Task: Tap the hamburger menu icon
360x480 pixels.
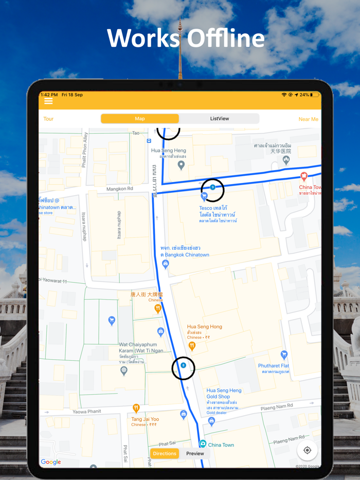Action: [x=48, y=102]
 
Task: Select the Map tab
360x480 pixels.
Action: [x=140, y=119]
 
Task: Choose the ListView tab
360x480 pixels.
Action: [x=220, y=119]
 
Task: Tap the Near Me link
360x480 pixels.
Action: [x=308, y=119]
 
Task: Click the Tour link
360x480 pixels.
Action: [x=48, y=119]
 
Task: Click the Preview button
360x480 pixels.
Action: [x=195, y=453]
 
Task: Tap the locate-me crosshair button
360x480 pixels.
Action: [x=307, y=450]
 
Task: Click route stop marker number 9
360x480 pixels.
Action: [x=212, y=188]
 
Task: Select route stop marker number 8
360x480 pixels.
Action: [x=183, y=365]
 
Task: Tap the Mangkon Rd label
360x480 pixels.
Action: [x=120, y=189]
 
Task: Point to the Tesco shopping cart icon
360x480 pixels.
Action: [x=204, y=196]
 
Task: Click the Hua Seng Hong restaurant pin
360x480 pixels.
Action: [x=192, y=346]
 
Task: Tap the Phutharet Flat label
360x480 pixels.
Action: [x=274, y=366]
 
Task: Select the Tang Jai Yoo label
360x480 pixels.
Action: [x=145, y=419]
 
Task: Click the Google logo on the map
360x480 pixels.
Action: [x=51, y=462]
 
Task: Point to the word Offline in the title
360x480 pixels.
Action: [x=225, y=39]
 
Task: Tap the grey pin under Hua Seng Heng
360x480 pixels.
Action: [x=181, y=165]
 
